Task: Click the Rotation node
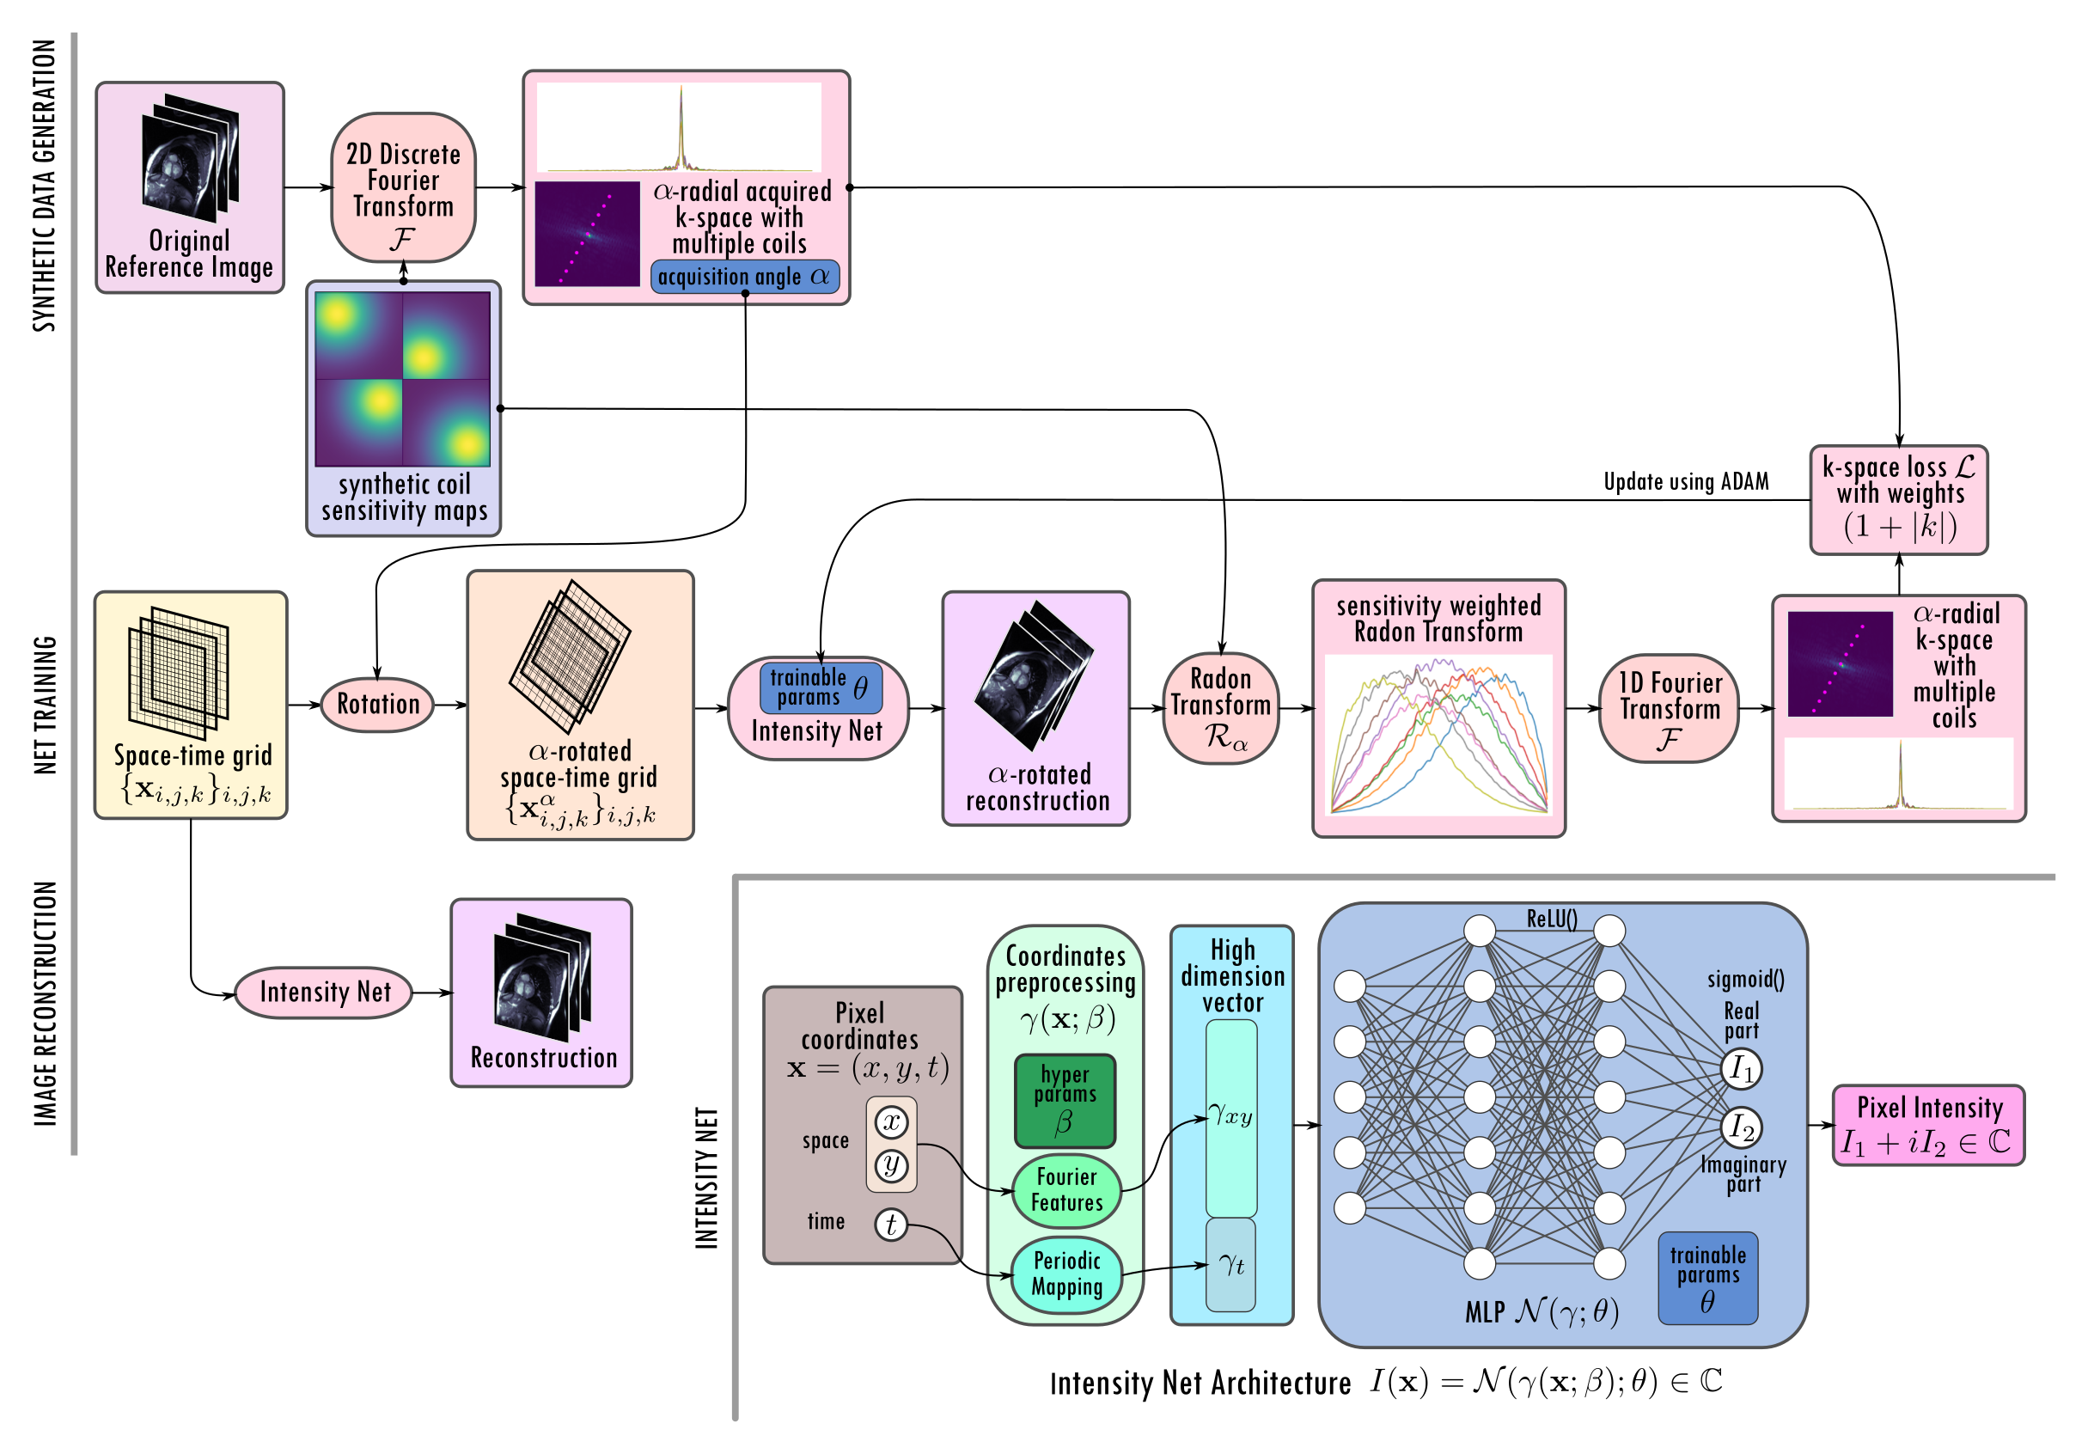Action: coord(377,704)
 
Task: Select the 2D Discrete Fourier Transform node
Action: coord(403,187)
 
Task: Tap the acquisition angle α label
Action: coord(745,277)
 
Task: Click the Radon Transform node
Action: coord(1220,708)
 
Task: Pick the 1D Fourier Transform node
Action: coord(1669,708)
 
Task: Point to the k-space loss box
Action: coord(1899,499)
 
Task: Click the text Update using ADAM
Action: coord(1686,482)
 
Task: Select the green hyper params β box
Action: coord(1064,1100)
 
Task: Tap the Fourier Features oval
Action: coord(1065,1190)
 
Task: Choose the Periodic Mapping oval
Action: coord(1065,1274)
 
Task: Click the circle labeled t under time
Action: coord(891,1225)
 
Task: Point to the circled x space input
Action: coord(891,1122)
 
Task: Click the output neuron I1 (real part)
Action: coord(1742,1068)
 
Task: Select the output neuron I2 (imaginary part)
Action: coord(1742,1127)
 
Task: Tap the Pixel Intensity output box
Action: coord(1929,1125)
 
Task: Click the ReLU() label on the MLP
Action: coord(1552,919)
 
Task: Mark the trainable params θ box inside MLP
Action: coord(1707,1278)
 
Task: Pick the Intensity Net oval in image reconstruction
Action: coord(324,992)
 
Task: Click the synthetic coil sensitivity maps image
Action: coord(402,379)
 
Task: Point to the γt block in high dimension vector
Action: coord(1231,1264)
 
